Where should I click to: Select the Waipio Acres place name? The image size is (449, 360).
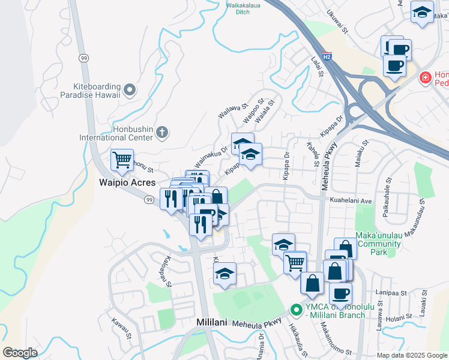point(127,182)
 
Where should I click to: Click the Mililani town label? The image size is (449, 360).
point(211,322)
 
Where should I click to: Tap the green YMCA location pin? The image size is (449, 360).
point(295,310)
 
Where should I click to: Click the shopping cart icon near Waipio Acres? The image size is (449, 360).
point(122,160)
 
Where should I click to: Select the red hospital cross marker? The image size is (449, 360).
point(425,77)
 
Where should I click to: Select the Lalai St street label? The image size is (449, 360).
point(318,64)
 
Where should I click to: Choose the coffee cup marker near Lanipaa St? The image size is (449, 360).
point(341,293)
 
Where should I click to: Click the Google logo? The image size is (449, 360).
point(20,353)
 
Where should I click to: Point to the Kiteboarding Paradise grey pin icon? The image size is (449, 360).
point(131,90)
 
